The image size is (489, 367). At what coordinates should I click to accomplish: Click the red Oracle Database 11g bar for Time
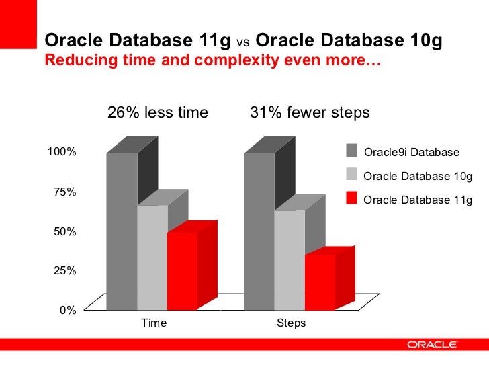tap(182, 272)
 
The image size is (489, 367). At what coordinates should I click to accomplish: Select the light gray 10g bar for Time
tap(152, 258)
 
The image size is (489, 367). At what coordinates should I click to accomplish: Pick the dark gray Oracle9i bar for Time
tap(122, 232)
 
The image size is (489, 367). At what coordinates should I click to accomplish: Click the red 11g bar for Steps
tap(320, 282)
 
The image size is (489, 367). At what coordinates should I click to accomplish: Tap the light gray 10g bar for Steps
tap(290, 261)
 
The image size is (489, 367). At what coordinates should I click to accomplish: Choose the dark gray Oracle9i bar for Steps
tap(259, 232)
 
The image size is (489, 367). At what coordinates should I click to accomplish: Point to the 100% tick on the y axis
tap(62, 151)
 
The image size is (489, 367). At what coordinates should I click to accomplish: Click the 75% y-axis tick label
tap(65, 192)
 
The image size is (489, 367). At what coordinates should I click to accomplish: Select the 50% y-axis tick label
tap(65, 231)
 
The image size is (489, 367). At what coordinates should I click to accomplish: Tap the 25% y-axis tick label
tap(65, 271)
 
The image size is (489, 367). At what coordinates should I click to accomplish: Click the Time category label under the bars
tap(153, 323)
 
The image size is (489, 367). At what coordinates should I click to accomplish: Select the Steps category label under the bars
tap(291, 323)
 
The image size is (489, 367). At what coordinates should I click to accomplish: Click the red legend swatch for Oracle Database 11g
tap(351, 198)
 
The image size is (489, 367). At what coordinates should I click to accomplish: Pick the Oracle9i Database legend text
tap(411, 153)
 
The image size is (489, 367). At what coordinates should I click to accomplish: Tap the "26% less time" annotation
tap(158, 113)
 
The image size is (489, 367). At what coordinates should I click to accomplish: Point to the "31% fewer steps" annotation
tap(310, 113)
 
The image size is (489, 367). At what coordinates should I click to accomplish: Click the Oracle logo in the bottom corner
tap(433, 345)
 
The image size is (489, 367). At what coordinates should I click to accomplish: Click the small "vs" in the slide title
tap(244, 42)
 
